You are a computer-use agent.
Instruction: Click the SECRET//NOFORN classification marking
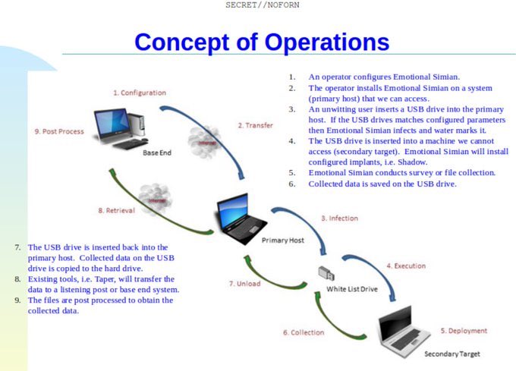tap(257, 5)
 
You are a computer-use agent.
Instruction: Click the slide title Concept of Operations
tap(262, 41)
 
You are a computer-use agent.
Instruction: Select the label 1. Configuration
tap(140, 93)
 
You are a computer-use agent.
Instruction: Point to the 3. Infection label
tap(339, 219)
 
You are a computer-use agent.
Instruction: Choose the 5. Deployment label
tap(464, 331)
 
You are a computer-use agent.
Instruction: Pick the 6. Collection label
tap(304, 332)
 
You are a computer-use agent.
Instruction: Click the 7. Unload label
tap(244, 284)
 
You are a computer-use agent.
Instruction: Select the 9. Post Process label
tap(59, 131)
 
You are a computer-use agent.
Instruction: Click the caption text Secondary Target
tap(451, 354)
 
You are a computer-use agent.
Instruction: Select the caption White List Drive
tap(352, 289)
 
